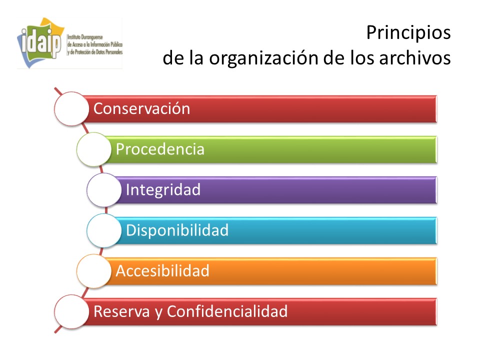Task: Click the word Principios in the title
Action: tap(408, 33)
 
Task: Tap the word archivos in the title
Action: tap(415, 57)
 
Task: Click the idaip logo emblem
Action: tap(40, 43)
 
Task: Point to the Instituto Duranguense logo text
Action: tap(95, 44)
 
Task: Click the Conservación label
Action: tap(141, 108)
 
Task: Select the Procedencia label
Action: tap(160, 149)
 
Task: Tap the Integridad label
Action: tap(163, 190)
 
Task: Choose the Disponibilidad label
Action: tap(177, 230)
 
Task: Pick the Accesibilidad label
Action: tap(162, 271)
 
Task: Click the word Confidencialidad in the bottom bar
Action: tap(227, 311)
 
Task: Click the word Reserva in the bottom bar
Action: tap(121, 311)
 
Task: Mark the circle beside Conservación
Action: tap(71, 108)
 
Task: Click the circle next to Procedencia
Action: tap(94, 149)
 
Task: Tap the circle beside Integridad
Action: tap(104, 190)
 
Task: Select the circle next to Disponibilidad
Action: tap(104, 230)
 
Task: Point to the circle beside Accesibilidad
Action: tap(94, 271)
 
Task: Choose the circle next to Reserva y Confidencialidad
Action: tap(71, 311)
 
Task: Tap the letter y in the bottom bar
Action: tap(158, 313)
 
